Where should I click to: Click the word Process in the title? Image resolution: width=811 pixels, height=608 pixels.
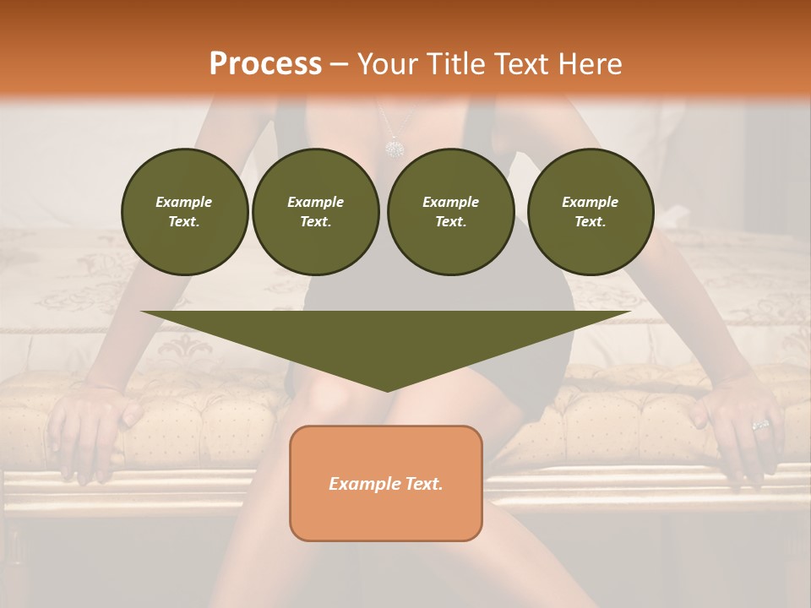tap(265, 64)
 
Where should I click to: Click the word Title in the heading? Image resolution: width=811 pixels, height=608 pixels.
tap(451, 64)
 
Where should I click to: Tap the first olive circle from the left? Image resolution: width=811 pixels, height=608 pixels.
tap(184, 212)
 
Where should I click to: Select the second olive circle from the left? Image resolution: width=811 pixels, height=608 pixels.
tap(315, 212)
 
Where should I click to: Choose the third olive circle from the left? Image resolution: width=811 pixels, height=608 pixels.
tap(450, 212)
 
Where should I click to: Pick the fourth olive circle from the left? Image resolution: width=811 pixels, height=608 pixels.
tap(590, 212)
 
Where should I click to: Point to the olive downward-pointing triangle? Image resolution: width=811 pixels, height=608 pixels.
tap(386, 338)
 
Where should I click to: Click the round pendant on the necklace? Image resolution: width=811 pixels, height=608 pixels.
tap(394, 149)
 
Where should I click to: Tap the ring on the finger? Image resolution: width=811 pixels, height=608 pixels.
tap(761, 424)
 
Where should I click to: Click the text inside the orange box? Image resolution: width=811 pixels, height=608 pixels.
tap(386, 484)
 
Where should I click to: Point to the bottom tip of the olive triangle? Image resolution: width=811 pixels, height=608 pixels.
tap(386, 389)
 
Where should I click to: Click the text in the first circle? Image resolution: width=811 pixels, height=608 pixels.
tap(184, 212)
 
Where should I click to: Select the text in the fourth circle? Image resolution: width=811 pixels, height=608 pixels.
tap(590, 212)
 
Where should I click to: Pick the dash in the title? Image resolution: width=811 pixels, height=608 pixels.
tap(339, 64)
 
